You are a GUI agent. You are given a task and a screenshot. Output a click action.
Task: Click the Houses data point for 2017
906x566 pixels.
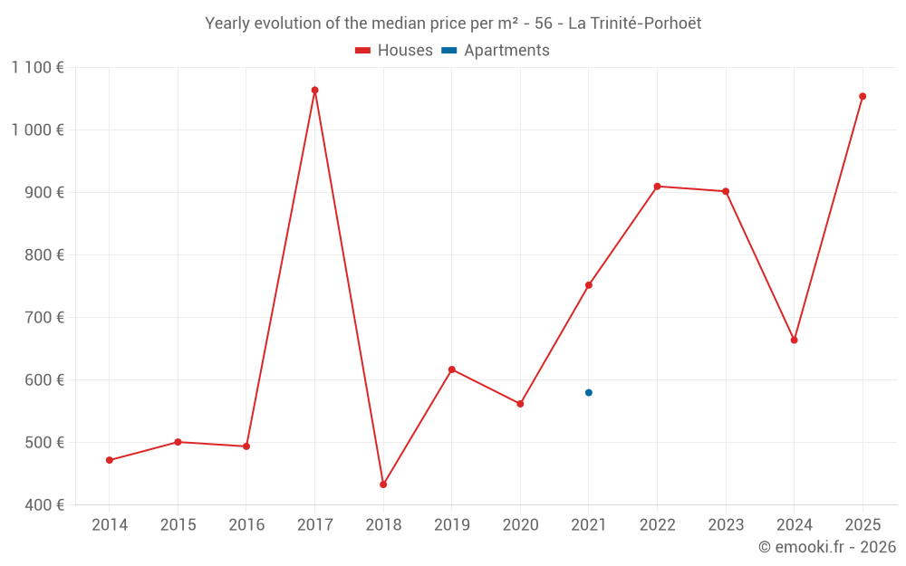coord(314,91)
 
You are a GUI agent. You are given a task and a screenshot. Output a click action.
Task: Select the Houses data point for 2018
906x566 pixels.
coord(383,484)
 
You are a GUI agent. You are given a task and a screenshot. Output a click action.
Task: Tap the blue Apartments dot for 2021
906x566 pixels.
coord(589,392)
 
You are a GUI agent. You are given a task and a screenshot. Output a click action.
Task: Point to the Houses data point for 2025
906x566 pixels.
coord(863,96)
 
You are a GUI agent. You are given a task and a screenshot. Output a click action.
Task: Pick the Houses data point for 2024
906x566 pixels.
coord(795,341)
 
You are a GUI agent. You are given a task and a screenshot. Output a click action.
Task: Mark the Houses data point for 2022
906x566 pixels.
coord(657,187)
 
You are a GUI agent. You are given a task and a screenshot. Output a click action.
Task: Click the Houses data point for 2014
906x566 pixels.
coord(110,460)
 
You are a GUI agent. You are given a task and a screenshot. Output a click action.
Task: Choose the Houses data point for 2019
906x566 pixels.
coord(452,369)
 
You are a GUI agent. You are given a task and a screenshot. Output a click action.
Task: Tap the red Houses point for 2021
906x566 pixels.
coord(589,285)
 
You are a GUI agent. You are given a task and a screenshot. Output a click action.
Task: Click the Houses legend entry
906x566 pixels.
coord(394,51)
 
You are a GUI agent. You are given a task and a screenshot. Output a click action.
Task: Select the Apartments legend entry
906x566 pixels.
coord(496,51)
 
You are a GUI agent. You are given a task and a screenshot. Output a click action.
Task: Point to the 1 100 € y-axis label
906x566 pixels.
coord(38,67)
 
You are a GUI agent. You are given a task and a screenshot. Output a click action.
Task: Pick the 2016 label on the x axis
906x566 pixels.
coord(246,525)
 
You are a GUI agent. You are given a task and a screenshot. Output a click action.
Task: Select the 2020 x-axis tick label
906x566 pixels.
coord(520,525)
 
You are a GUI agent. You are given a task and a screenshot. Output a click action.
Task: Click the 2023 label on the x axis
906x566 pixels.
coord(726,525)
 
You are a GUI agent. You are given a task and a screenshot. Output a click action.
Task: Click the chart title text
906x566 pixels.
coord(453,24)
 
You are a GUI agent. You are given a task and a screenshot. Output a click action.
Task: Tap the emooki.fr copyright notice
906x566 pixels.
coord(827,547)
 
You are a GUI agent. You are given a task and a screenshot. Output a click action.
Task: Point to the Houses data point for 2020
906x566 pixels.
coord(520,404)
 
